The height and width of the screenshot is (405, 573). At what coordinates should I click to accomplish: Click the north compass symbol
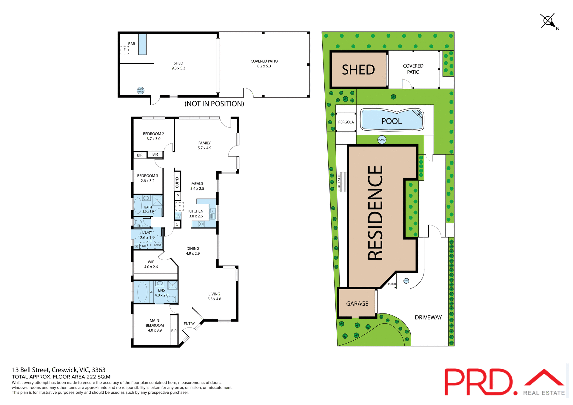pyautogui.click(x=548, y=21)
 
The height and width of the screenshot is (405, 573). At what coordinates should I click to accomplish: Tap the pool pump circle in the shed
pyautogui.click(x=141, y=90)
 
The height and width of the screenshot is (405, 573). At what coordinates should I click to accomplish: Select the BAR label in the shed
pyautogui.click(x=132, y=44)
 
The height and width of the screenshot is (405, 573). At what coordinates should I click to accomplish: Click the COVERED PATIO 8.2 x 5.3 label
pyautogui.click(x=264, y=64)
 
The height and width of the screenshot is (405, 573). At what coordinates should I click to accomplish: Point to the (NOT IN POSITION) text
pyautogui.click(x=214, y=104)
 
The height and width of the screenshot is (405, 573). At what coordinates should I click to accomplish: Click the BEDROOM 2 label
pyautogui.click(x=153, y=134)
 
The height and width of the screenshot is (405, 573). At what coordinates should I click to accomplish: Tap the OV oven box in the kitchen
pyautogui.click(x=178, y=216)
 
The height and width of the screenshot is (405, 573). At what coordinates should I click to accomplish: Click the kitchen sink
pyautogui.click(x=213, y=214)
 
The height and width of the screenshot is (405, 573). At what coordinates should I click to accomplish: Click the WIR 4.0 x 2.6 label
pyautogui.click(x=151, y=265)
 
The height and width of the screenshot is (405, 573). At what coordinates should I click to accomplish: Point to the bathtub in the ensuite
pyautogui.click(x=142, y=292)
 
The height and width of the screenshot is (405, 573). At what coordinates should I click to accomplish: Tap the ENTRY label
pyautogui.click(x=189, y=324)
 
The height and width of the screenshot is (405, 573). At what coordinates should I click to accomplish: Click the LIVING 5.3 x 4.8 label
pyautogui.click(x=214, y=296)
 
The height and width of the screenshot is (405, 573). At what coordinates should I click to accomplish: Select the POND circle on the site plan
pyautogui.click(x=382, y=140)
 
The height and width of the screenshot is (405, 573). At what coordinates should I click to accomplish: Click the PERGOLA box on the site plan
pyautogui.click(x=346, y=122)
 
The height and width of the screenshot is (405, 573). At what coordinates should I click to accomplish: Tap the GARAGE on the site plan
pyautogui.click(x=357, y=304)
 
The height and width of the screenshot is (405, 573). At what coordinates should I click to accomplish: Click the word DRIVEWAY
pyautogui.click(x=428, y=317)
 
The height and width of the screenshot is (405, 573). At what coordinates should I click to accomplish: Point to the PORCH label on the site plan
pyautogui.click(x=392, y=284)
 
